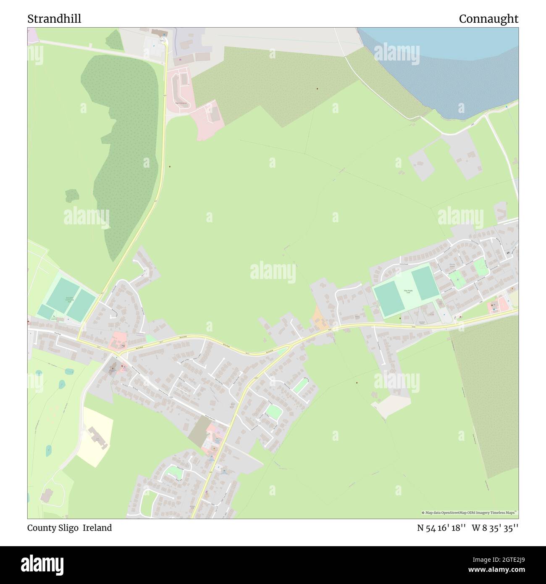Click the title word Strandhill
tap(54, 19)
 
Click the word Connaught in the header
tap(488, 19)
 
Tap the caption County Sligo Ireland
tap(69, 528)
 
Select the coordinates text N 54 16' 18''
tap(441, 528)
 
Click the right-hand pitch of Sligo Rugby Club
tap(425, 284)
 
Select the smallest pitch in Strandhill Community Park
tap(45, 311)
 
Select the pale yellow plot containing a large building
tap(96, 437)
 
